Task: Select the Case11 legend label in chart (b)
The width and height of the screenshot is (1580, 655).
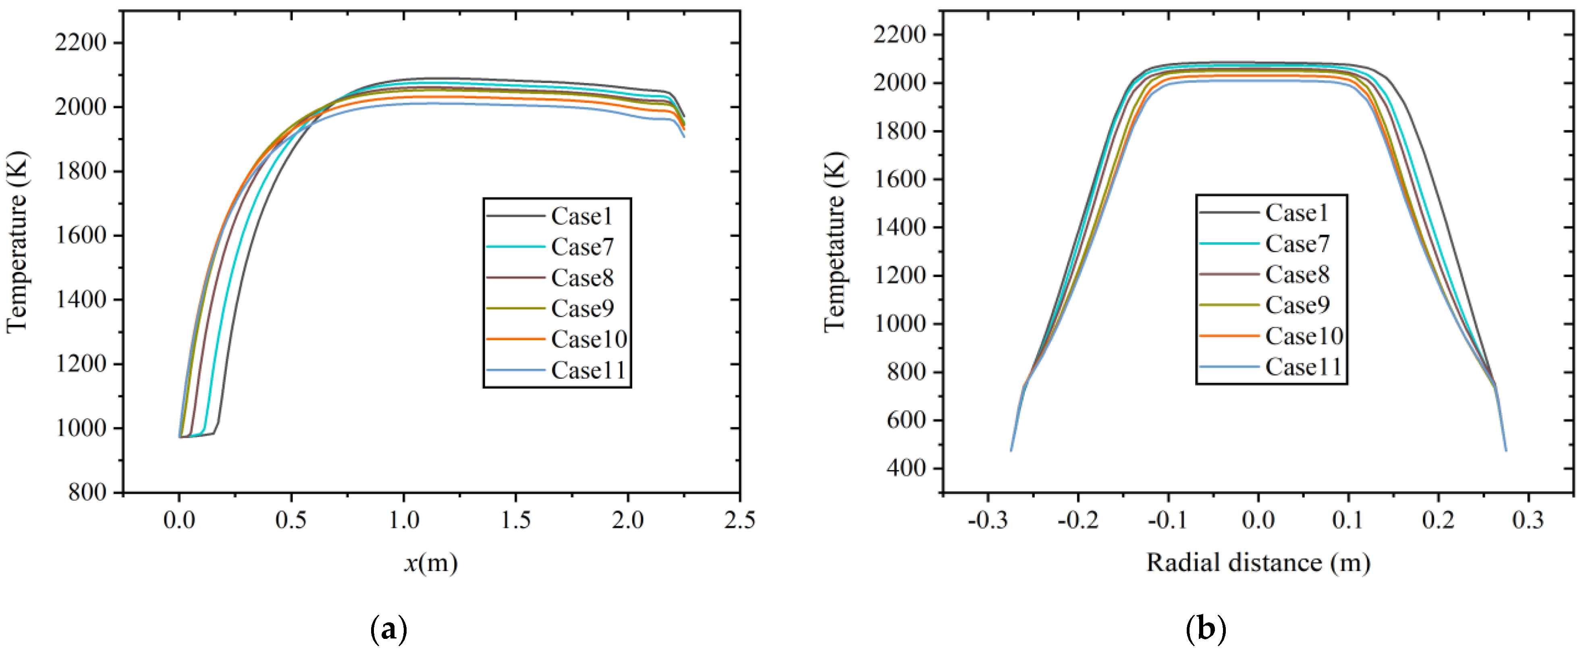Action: pos(1304,367)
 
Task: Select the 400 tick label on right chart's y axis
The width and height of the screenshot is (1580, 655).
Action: pos(907,468)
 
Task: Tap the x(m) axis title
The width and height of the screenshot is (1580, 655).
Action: pos(431,562)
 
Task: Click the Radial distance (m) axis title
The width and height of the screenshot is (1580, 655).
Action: pos(1258,562)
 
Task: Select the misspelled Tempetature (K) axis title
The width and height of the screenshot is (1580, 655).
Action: pos(835,242)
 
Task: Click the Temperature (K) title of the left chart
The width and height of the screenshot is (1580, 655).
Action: pos(17,242)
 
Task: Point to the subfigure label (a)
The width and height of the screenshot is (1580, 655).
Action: pos(389,629)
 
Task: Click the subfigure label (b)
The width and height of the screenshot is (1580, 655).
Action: pos(1206,629)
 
